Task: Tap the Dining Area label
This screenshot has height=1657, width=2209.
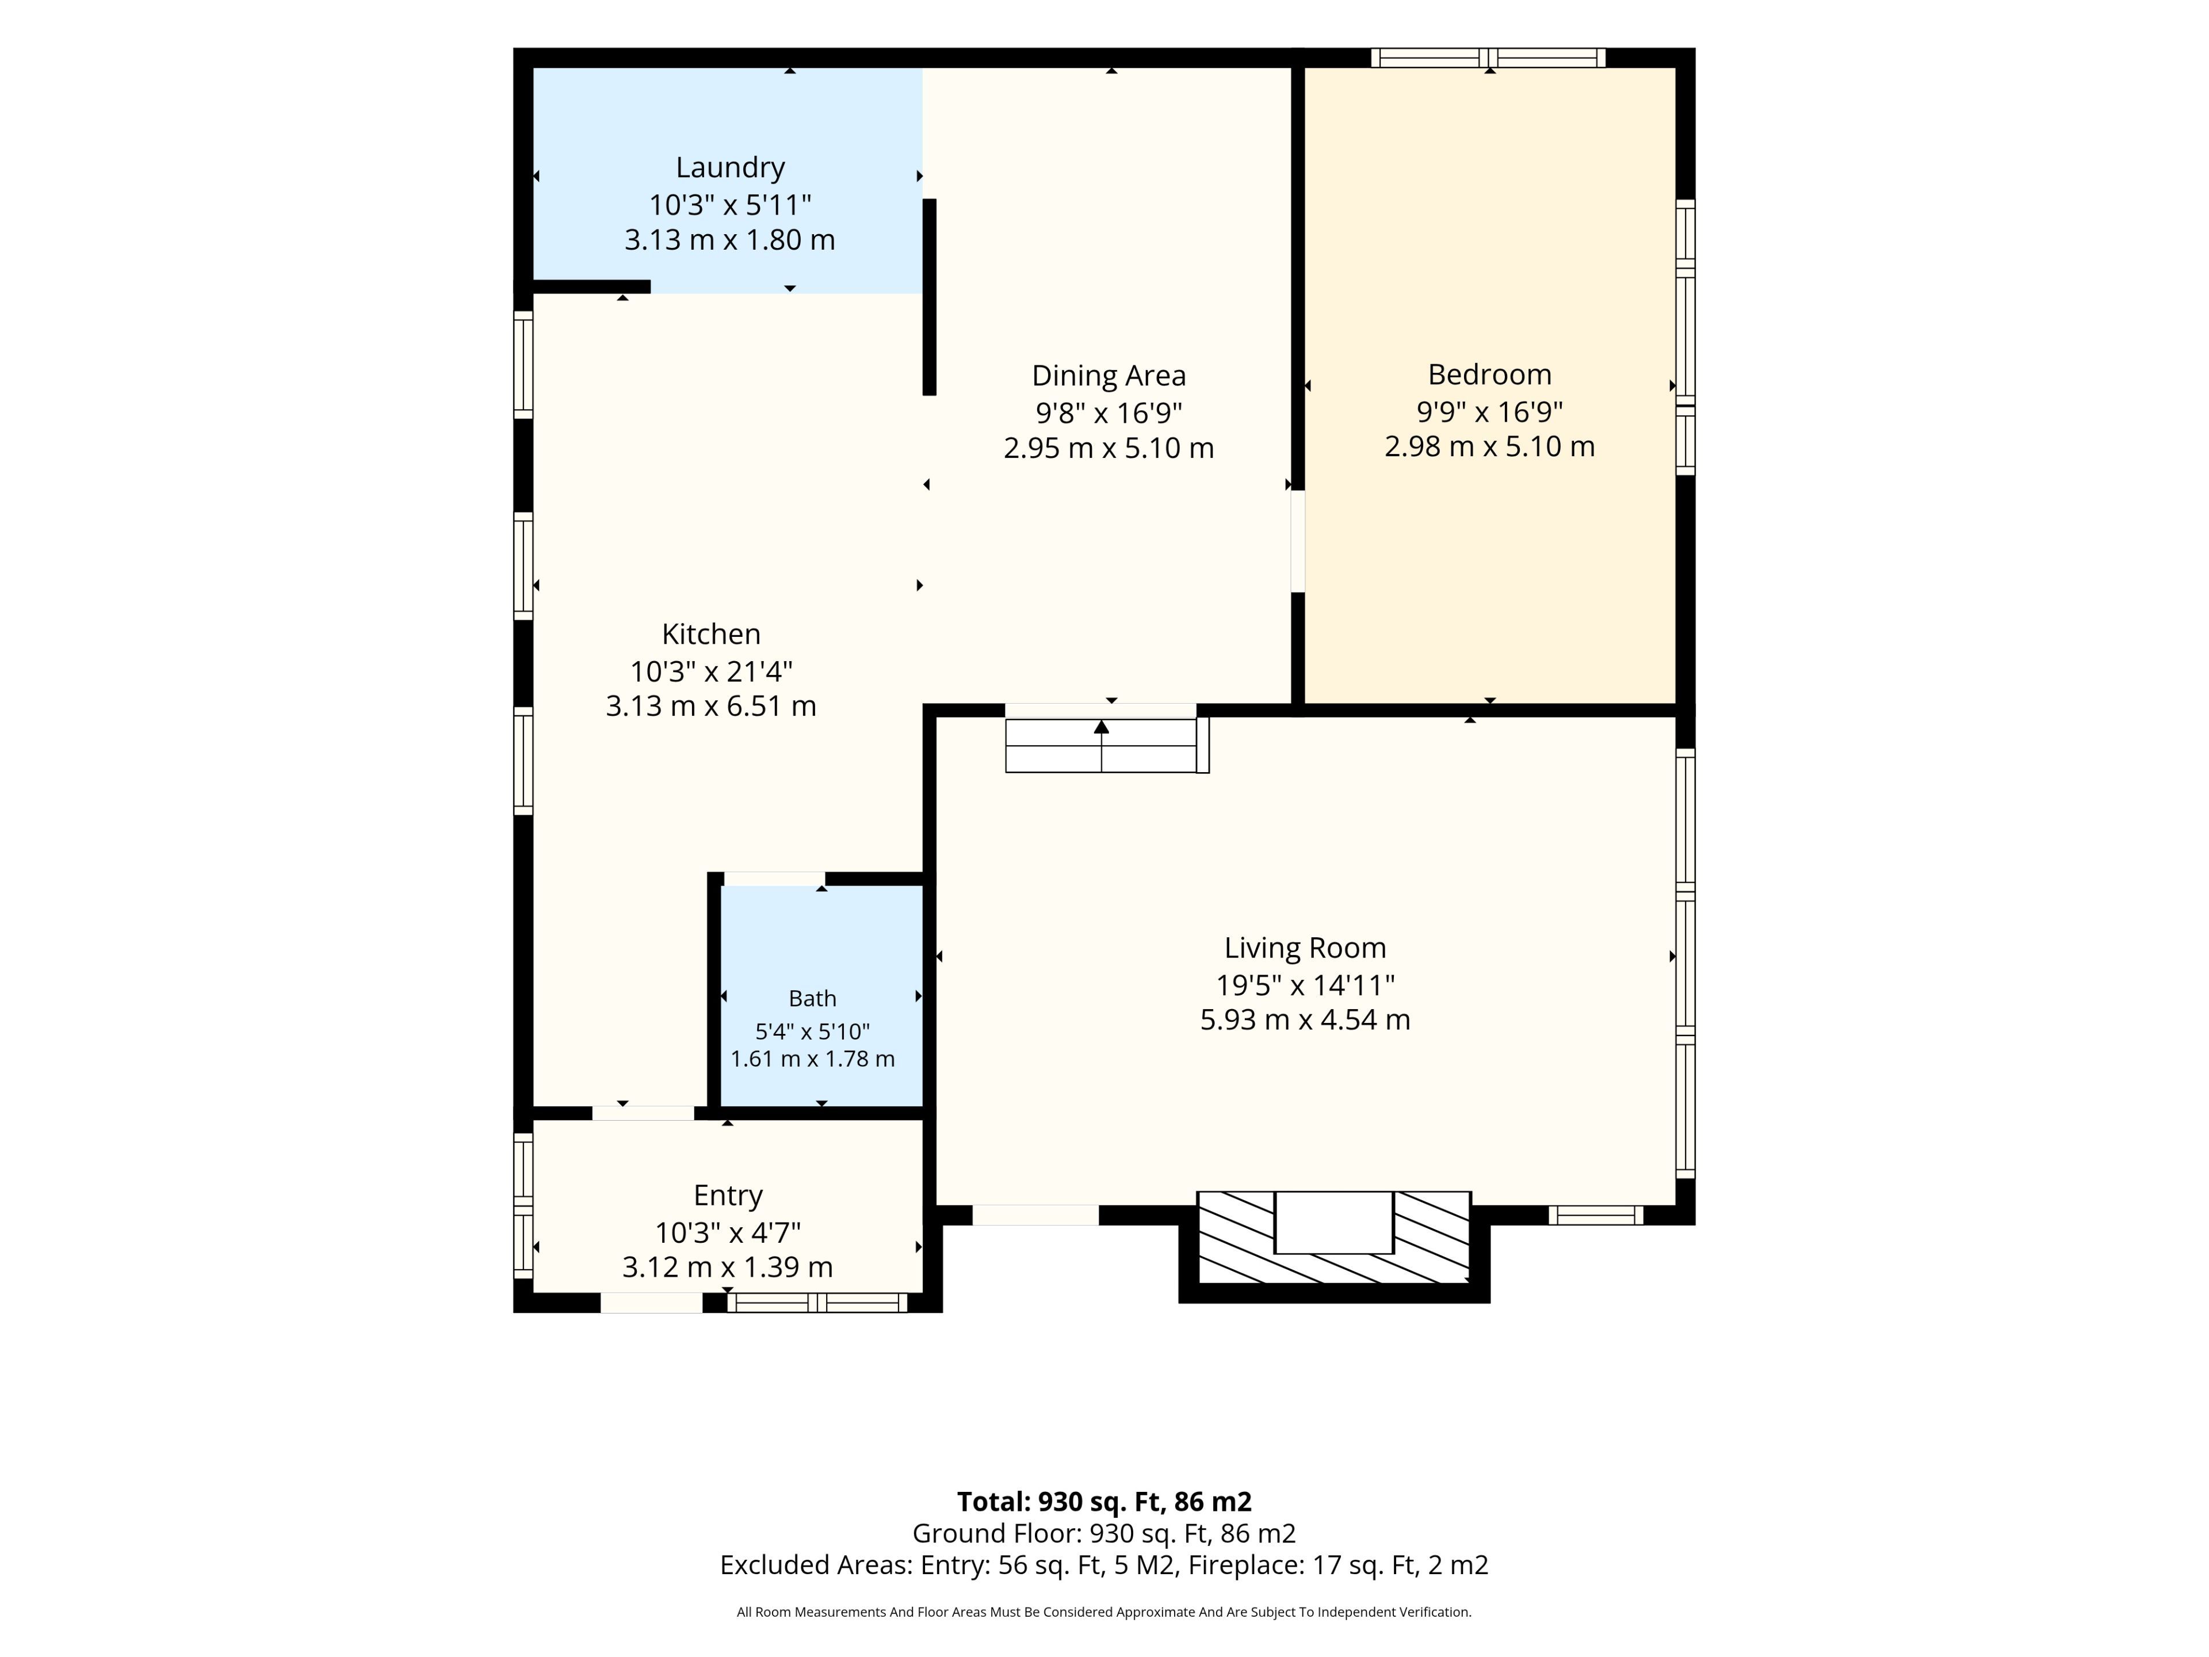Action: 1109,376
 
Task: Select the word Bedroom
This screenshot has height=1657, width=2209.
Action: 1489,375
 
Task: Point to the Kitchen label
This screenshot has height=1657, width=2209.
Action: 711,634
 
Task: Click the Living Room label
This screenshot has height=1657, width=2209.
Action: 1305,948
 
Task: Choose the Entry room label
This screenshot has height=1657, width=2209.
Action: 728,1196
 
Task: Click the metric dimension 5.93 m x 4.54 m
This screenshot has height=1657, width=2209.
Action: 1305,1020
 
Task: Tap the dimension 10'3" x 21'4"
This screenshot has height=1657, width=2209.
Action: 711,671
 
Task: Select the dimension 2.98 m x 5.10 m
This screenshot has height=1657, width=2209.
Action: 1489,446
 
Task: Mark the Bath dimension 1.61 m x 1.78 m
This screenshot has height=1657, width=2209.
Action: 812,1059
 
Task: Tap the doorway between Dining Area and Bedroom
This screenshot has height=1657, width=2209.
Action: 1298,540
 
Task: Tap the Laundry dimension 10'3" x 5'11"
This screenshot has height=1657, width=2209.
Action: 730,205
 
